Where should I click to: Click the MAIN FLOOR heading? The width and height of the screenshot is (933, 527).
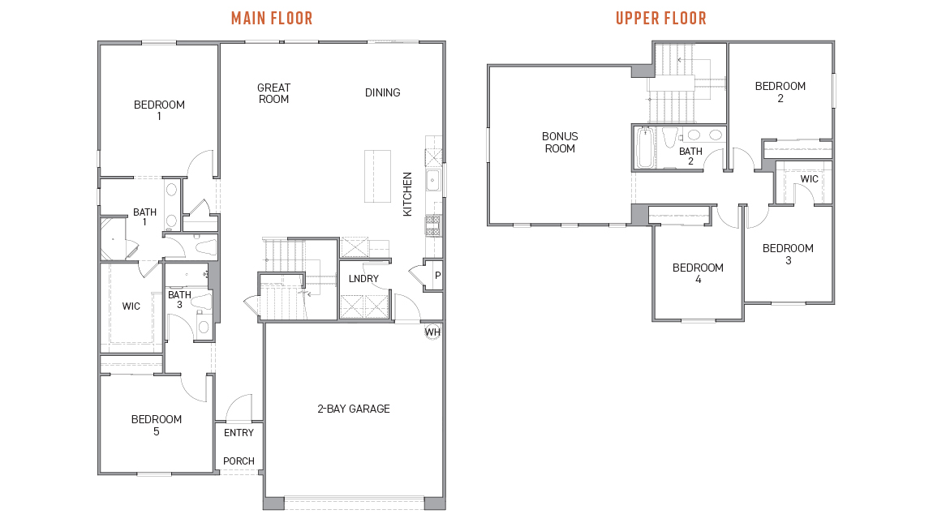[272, 19]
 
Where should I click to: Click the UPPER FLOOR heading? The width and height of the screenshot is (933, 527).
[661, 19]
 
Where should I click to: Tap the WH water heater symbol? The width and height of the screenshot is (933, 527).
[432, 332]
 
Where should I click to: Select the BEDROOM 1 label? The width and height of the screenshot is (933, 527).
[159, 110]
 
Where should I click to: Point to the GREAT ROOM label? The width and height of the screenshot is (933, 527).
[273, 93]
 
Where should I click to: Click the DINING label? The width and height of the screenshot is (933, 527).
[383, 92]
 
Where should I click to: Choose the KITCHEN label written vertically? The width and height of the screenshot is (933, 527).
[407, 194]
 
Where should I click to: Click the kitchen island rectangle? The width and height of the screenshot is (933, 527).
[378, 176]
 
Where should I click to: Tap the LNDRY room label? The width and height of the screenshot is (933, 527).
[363, 278]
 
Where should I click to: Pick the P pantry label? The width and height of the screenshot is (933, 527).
[438, 276]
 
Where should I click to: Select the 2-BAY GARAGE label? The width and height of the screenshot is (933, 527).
[354, 409]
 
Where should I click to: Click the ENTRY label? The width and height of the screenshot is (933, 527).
[239, 433]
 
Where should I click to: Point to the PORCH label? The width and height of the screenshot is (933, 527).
[239, 461]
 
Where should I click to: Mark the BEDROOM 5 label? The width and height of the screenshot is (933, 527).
[157, 426]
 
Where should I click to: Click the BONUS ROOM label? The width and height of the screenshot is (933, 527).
[560, 142]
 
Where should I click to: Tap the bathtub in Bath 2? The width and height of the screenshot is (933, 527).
[644, 148]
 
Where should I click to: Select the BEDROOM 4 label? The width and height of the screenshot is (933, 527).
[698, 273]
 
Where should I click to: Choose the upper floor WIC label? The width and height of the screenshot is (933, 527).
[809, 179]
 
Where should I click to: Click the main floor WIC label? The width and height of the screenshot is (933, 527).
[131, 306]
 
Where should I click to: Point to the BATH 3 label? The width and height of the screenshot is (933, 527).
[179, 300]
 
